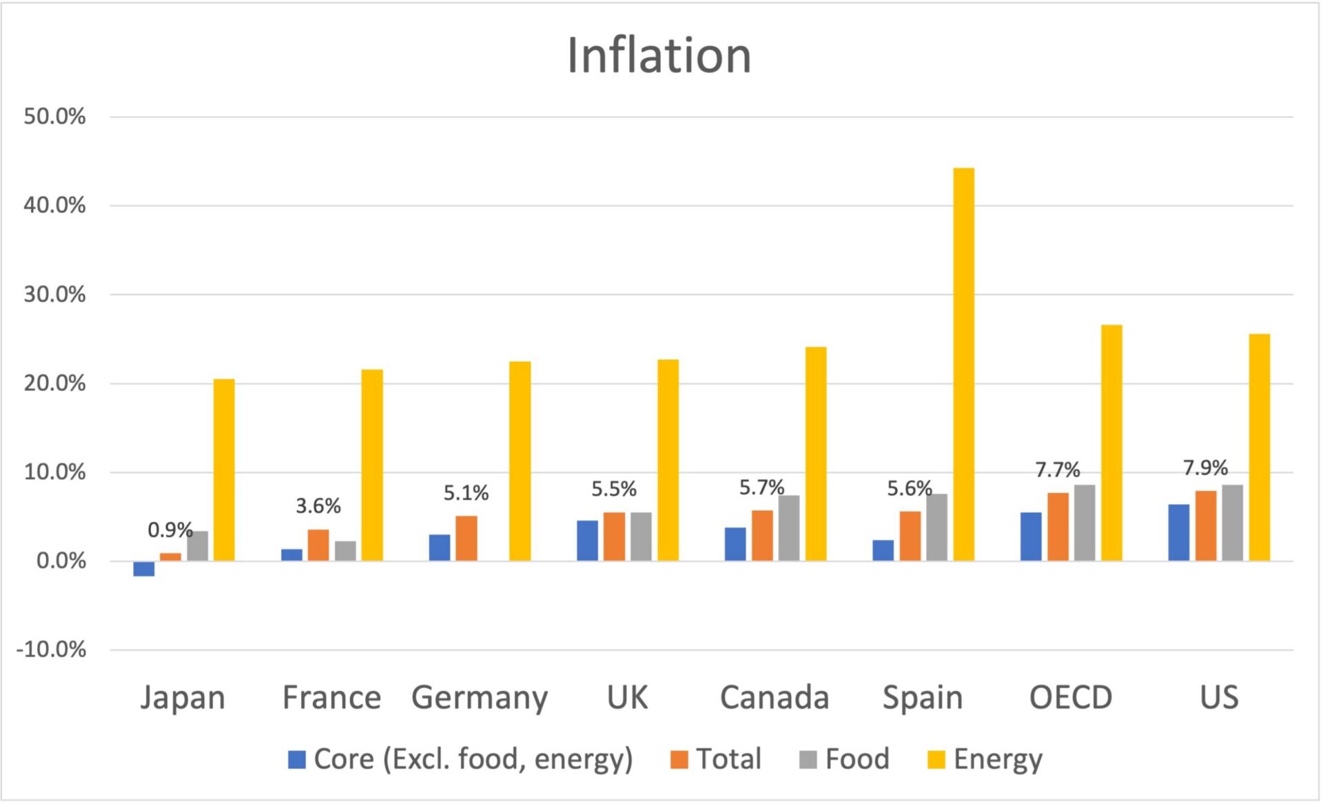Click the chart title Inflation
(659, 55)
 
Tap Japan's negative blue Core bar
(144, 569)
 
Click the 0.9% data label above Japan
(170, 530)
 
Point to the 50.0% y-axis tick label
(54, 116)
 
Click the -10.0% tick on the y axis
(52, 649)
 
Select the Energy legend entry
(985, 759)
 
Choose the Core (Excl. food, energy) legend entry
(460, 759)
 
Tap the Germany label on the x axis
(480, 697)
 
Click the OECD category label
(1071, 697)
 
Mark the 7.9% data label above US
(1205, 468)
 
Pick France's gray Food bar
(345, 551)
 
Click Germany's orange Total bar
(466, 538)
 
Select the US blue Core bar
(1178, 532)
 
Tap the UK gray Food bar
(641, 536)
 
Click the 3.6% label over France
(318, 505)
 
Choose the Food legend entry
(845, 759)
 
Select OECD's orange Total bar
(1058, 527)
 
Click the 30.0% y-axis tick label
(54, 294)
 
